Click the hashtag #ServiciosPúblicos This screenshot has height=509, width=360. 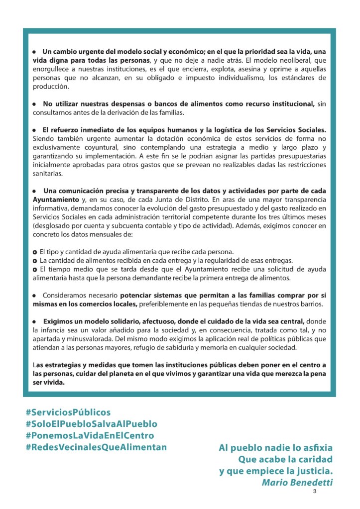[68, 412]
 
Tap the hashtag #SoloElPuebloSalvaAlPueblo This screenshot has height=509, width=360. [91, 424]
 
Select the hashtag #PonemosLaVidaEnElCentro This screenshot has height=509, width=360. [90, 435]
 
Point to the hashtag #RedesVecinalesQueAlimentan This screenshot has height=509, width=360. [96, 447]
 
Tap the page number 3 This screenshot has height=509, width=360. [315, 492]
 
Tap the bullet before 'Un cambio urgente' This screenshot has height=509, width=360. [34, 52]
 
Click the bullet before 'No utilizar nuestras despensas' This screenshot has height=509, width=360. [34, 104]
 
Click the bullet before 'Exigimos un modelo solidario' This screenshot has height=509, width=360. [34, 321]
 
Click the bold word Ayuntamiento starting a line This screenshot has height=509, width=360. [53, 199]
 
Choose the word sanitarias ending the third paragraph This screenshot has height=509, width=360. [48, 174]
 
